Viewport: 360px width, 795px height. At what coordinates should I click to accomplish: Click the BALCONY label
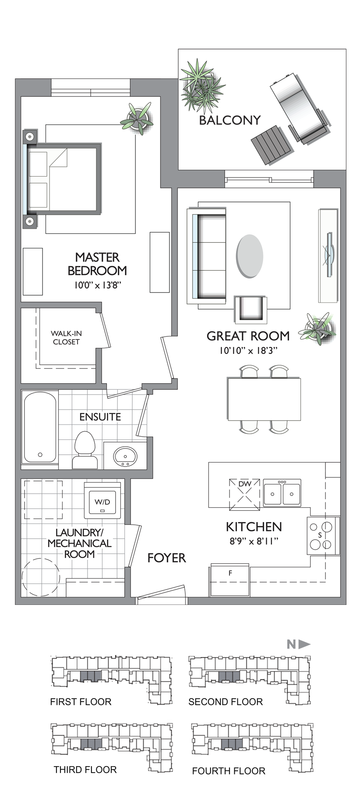(229, 120)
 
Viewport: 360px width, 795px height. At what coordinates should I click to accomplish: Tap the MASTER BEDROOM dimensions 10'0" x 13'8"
(97, 285)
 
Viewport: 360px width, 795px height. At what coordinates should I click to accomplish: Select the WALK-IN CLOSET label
(66, 338)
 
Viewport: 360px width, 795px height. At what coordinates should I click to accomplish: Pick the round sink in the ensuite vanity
(125, 457)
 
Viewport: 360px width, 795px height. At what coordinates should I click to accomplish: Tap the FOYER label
(166, 558)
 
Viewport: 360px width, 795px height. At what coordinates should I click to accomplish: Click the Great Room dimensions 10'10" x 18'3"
(249, 350)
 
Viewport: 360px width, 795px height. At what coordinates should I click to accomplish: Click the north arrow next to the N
(304, 644)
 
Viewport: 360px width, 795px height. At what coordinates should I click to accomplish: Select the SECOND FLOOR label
(226, 702)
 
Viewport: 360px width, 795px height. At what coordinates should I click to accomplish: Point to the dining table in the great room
(264, 399)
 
